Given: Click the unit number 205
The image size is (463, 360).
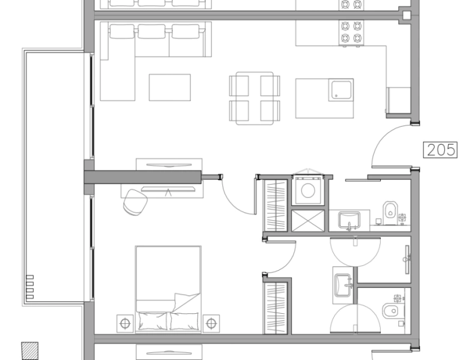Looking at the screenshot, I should point(441,149).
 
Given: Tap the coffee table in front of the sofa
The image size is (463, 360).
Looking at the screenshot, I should point(170,87).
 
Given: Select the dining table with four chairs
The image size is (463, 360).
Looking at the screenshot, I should point(255,98).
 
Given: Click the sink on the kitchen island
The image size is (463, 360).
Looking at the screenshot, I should point(340,91).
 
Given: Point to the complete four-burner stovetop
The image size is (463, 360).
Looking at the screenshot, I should point(352,32).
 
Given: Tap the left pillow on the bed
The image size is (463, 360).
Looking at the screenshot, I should point(152,320).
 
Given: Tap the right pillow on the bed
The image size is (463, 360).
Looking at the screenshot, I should point(184,320).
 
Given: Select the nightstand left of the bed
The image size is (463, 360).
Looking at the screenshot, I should point(125,323).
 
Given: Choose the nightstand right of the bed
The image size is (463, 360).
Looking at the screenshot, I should point(211,323).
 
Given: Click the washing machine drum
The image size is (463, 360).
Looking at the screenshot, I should point(309,191).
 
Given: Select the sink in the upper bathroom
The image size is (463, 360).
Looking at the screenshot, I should point(348,220).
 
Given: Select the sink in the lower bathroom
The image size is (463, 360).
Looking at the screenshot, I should point(342,282).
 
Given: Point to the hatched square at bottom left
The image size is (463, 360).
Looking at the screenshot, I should point(29,350).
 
